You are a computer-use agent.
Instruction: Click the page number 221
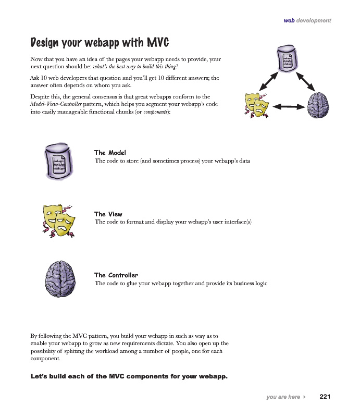point(325,397)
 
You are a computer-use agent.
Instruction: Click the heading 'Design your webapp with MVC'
point(100,42)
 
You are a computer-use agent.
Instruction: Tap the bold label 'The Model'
point(110,153)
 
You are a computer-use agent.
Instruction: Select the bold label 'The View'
point(108,214)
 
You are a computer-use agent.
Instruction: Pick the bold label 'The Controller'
point(116,275)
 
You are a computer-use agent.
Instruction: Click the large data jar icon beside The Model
point(59,161)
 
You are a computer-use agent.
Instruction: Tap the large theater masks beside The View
point(57,221)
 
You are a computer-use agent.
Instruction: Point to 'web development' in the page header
point(307,20)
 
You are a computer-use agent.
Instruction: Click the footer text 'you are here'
point(283,397)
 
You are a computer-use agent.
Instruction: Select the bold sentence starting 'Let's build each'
point(129,376)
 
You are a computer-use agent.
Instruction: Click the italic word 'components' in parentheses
point(155,112)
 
